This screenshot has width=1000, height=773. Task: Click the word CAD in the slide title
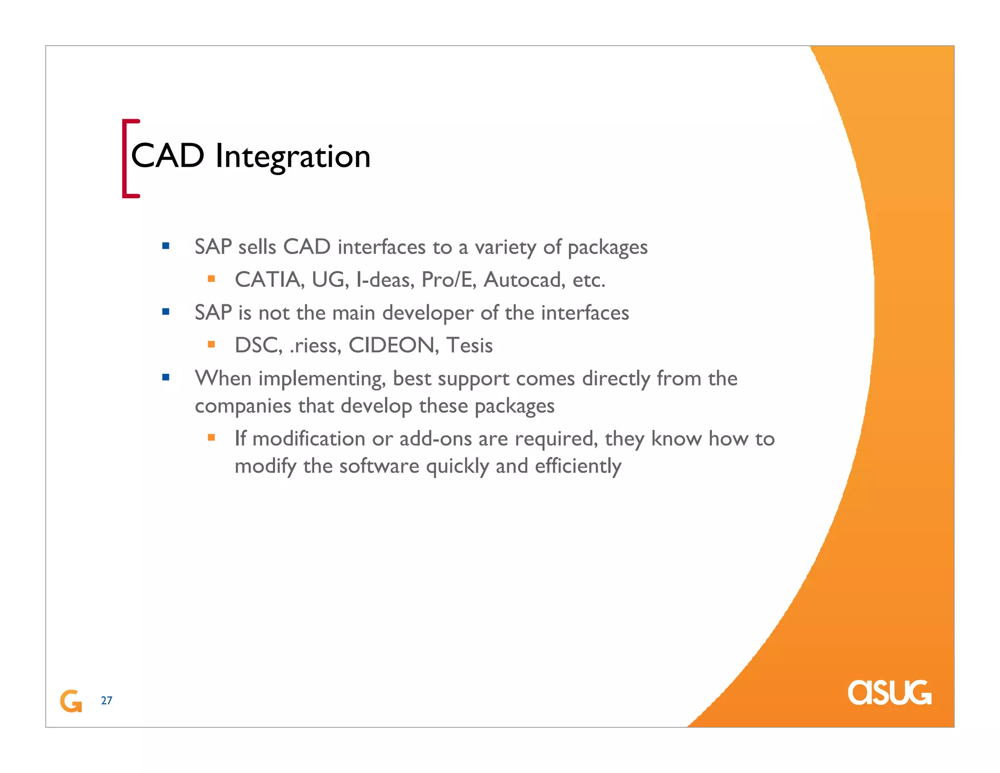coord(167,156)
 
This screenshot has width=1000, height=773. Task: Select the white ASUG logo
coord(889,692)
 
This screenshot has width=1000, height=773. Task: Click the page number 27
coord(106,701)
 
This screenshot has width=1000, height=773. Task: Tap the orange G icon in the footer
coord(71,701)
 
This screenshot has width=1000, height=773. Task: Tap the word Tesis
coord(469,345)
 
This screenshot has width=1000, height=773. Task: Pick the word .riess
coord(315,345)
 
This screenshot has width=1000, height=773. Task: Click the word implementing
coord(322,379)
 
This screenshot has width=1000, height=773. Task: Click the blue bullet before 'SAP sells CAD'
coord(166,246)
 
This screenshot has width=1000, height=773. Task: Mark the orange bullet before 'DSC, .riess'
coord(211,344)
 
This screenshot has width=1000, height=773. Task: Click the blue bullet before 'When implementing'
coord(166,377)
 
